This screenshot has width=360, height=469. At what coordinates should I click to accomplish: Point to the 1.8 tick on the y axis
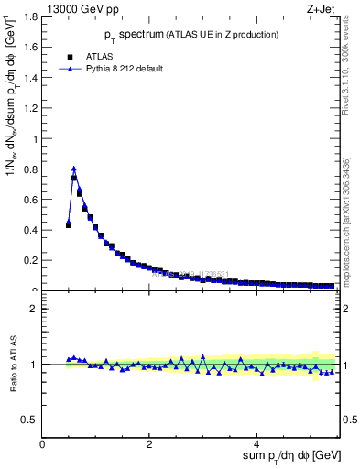pos(32,16)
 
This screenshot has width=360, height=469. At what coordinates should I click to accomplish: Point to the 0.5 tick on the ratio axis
pos(32,420)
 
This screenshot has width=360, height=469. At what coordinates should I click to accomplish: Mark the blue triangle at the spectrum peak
pos(74,169)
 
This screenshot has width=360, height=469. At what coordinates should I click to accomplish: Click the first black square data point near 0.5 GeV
pos(69,224)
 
